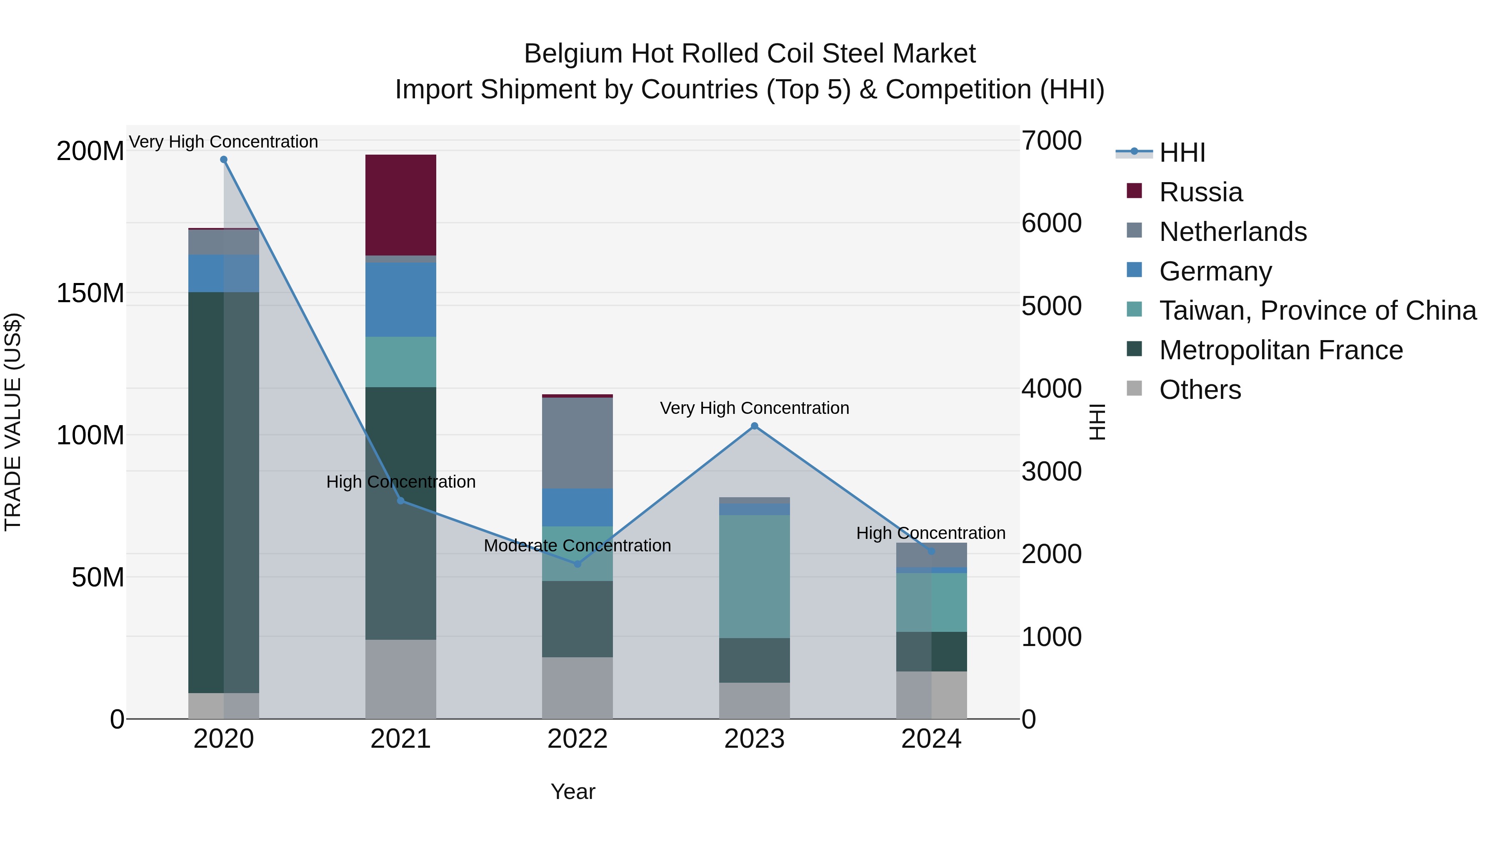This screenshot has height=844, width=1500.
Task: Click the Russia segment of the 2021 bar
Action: tap(400, 205)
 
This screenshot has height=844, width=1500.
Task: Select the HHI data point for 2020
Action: tap(224, 160)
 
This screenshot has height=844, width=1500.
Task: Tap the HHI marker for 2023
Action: tap(754, 426)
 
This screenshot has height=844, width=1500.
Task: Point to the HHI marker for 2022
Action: tap(577, 564)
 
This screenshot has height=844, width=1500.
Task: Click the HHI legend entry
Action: tap(1182, 153)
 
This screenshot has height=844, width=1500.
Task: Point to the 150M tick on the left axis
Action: tap(90, 293)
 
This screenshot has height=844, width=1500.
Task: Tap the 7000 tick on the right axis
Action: tap(1051, 140)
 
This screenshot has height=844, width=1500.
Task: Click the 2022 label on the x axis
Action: tap(577, 739)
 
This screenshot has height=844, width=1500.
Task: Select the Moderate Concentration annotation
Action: tap(577, 546)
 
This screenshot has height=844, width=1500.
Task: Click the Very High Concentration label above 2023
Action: tap(754, 408)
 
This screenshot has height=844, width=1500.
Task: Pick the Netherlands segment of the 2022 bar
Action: tap(577, 443)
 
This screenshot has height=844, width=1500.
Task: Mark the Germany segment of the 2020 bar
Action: tap(224, 273)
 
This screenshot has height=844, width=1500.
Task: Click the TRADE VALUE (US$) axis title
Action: tap(13, 422)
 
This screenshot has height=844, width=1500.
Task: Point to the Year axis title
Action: tap(572, 791)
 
